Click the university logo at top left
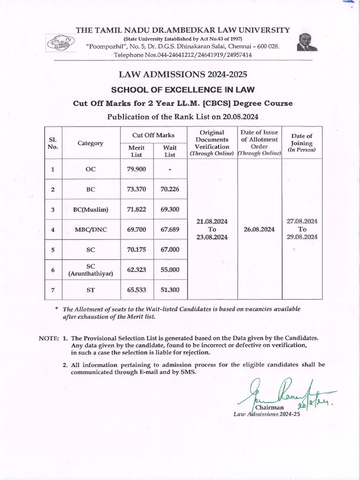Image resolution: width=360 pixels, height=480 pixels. pyautogui.click(x=60, y=43)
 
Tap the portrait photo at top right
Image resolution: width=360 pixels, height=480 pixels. pyautogui.click(x=307, y=42)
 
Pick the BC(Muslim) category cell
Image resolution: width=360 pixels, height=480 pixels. pyautogui.click(x=90, y=210)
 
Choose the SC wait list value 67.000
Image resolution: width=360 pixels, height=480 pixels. pyautogui.click(x=170, y=250)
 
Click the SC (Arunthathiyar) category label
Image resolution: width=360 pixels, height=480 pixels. pyautogui.click(x=90, y=270)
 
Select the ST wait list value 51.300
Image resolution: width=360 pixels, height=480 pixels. pyautogui.click(x=170, y=290)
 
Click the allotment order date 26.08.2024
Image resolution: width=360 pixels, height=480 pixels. pyautogui.click(x=259, y=230)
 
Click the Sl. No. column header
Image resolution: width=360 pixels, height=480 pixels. pyautogui.click(x=53, y=143)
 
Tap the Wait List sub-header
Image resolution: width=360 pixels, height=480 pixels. pyautogui.click(x=170, y=151)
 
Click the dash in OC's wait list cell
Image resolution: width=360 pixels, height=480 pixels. pyautogui.click(x=170, y=169)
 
